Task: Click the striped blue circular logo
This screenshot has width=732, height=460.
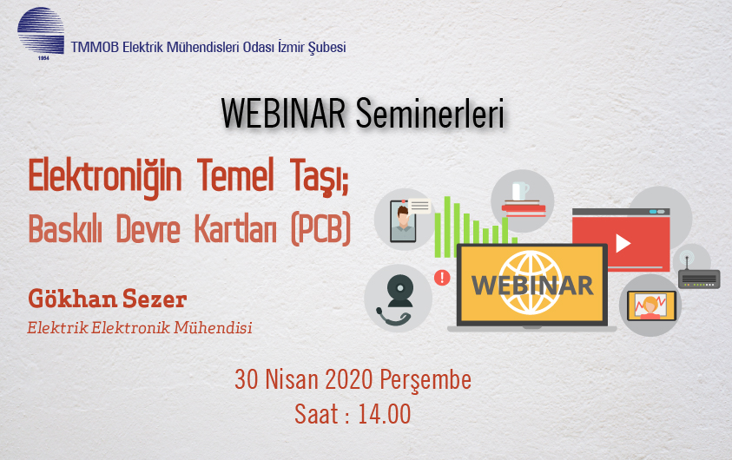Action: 41,30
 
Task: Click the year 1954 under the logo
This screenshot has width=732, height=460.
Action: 43,58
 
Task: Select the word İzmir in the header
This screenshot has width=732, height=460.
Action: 291,47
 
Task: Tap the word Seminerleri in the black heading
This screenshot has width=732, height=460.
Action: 430,114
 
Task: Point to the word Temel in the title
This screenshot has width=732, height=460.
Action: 234,175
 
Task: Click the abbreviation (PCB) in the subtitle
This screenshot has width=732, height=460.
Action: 320,229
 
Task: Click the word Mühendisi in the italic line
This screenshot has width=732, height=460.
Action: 213,327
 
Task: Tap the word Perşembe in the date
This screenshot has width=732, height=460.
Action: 425,380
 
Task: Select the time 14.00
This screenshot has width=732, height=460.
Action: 385,414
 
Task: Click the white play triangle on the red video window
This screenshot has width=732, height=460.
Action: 623,243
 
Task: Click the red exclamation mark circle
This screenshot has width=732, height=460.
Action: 442,278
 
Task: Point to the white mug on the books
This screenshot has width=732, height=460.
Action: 520,191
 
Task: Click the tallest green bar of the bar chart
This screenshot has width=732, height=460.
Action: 447,227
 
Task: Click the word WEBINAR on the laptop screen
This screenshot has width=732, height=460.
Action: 532,285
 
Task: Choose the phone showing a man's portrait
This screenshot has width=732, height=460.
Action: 403,221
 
